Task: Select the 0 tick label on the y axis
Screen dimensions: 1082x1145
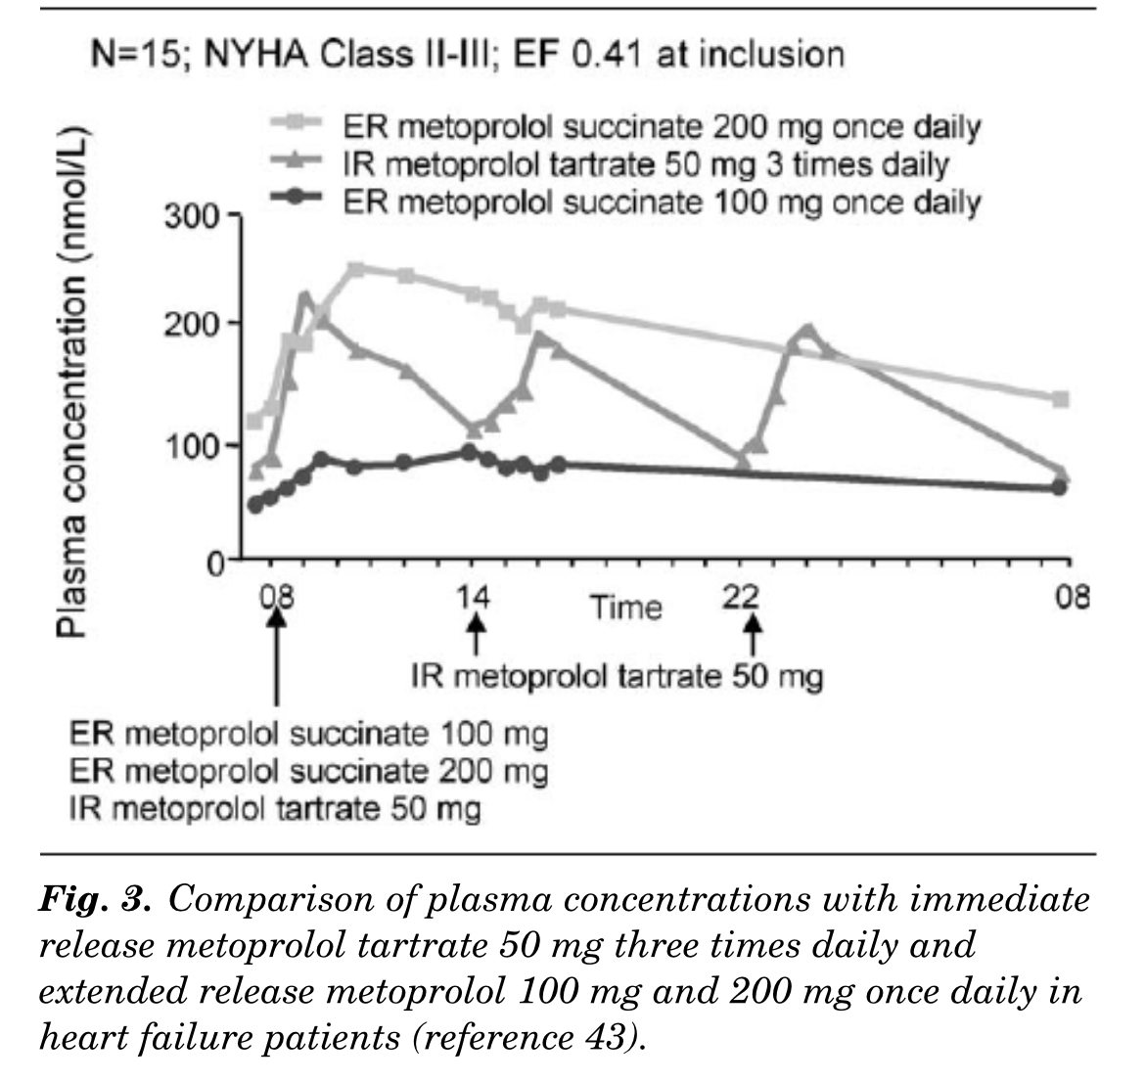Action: [x=214, y=563]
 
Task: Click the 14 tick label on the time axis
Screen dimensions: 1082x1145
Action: [x=475, y=596]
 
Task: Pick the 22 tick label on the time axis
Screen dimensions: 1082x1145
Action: [x=749, y=596]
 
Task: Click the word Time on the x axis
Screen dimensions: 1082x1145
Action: [x=625, y=608]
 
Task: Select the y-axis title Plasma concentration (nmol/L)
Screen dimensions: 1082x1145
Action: [x=71, y=382]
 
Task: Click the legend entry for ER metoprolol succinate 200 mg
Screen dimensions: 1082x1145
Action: [x=662, y=127]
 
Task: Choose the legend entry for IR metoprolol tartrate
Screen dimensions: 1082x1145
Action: [x=646, y=163]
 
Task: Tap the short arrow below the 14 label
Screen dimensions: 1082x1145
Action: [x=476, y=634]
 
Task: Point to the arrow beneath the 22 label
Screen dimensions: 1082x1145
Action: [x=753, y=637]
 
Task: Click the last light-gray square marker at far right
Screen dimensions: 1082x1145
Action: [x=1060, y=399]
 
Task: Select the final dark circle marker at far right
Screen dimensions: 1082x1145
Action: [x=1059, y=487]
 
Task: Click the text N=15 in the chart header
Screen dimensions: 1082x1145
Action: [x=129, y=53]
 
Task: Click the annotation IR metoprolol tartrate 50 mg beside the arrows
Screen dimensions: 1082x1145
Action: [x=617, y=676]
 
